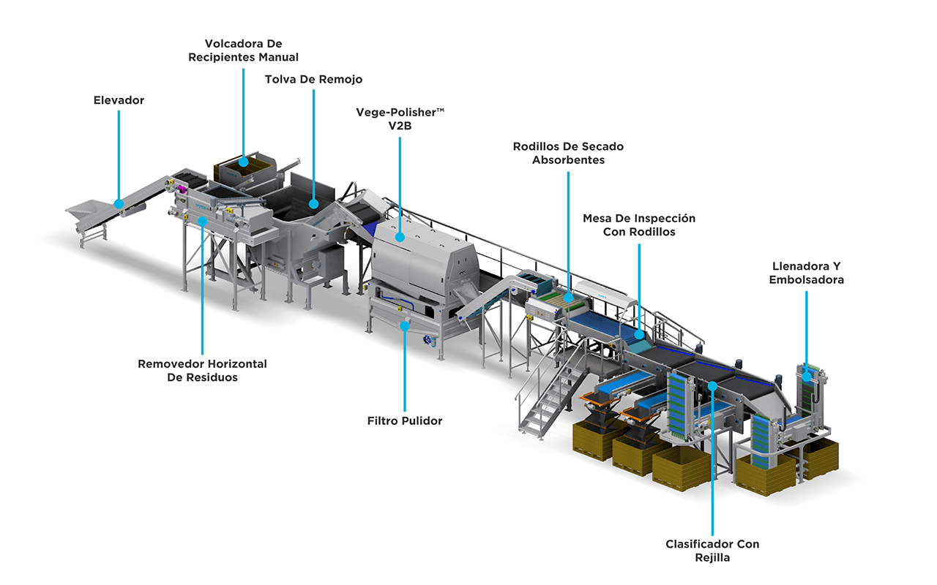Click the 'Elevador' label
[119, 100]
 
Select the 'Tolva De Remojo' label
[313, 79]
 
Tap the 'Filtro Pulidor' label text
[405, 420]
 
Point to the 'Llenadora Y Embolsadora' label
[806, 273]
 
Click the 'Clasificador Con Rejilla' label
[712, 551]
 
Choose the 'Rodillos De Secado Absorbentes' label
[568, 153]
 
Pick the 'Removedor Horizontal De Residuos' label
[202, 370]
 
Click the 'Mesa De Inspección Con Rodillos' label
[639, 224]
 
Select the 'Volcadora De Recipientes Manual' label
[244, 50]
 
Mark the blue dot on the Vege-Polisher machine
[400, 236]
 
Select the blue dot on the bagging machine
[806, 377]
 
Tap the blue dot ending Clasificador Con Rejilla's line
[712, 385]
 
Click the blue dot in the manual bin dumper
[244, 162]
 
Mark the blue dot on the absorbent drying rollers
[568, 298]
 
